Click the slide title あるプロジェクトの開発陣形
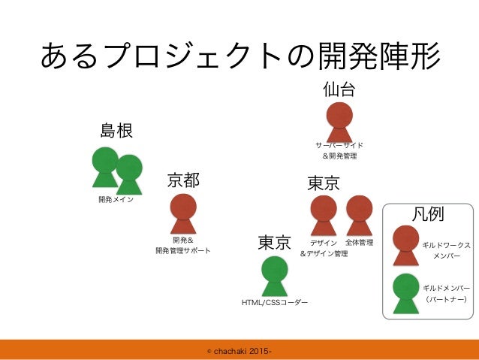[239, 54]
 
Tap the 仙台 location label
[339, 90]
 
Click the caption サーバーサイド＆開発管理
[339, 150]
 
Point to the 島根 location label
[116, 132]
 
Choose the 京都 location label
[183, 180]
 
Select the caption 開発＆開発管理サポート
[183, 245]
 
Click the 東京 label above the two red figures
[324, 183]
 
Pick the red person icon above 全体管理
[360, 214]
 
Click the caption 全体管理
[360, 243]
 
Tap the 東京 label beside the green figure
[274, 244]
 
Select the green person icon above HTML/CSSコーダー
[275, 275]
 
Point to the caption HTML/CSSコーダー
[275, 303]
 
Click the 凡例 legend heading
[429, 214]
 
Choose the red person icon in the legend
[406, 244]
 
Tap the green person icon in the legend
[406, 292]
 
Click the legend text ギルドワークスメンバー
[446, 250]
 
